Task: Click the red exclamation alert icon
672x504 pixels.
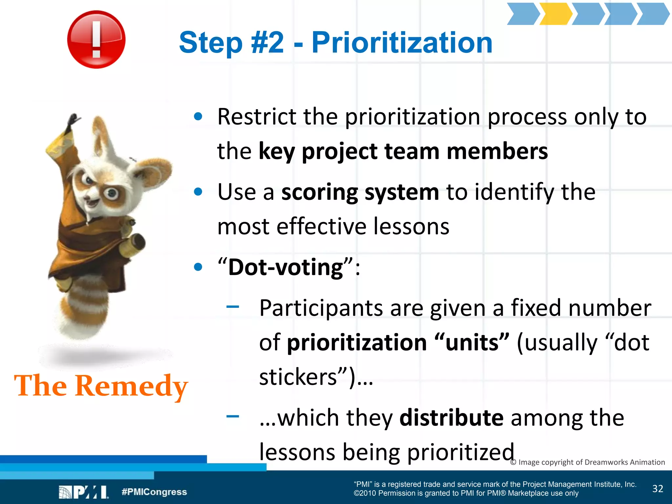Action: (96, 39)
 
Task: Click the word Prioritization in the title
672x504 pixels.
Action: (402, 43)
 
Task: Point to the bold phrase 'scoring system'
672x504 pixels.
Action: (360, 192)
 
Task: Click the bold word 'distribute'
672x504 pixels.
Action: (451, 418)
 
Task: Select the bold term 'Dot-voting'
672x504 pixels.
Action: (285, 267)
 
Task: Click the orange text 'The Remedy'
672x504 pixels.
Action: (101, 386)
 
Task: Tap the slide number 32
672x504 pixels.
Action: (658, 489)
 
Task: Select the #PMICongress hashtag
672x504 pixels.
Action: (154, 492)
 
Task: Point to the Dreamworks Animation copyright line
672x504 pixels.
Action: (587, 462)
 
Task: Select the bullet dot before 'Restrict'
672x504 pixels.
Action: (198, 116)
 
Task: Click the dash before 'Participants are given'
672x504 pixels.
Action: (233, 307)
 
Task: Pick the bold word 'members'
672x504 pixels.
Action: (497, 152)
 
